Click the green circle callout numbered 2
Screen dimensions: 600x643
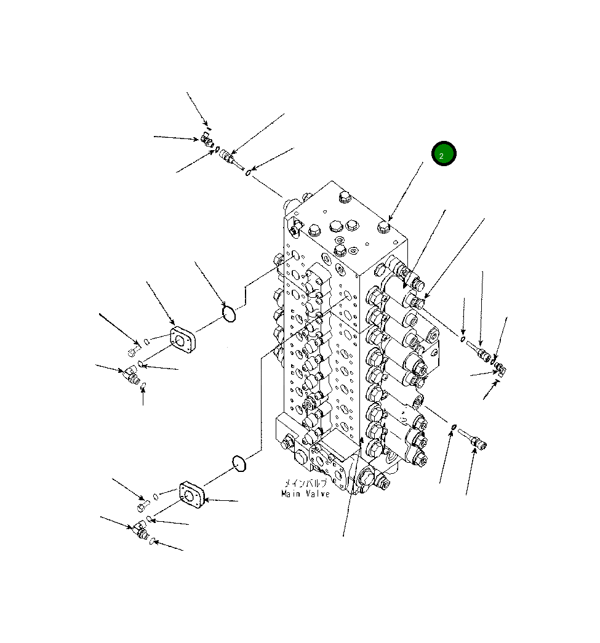[443, 154]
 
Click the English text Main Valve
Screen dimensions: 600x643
[305, 493]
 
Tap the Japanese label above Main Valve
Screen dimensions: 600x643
[305, 483]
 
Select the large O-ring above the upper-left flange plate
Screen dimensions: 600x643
[229, 314]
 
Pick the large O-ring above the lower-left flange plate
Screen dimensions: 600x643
[239, 463]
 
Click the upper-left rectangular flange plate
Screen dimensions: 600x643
[182, 340]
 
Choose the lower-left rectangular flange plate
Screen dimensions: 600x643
[192, 495]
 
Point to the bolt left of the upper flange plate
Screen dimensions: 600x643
[134, 351]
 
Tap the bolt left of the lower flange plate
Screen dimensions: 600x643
[143, 506]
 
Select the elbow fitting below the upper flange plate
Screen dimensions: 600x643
[132, 373]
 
